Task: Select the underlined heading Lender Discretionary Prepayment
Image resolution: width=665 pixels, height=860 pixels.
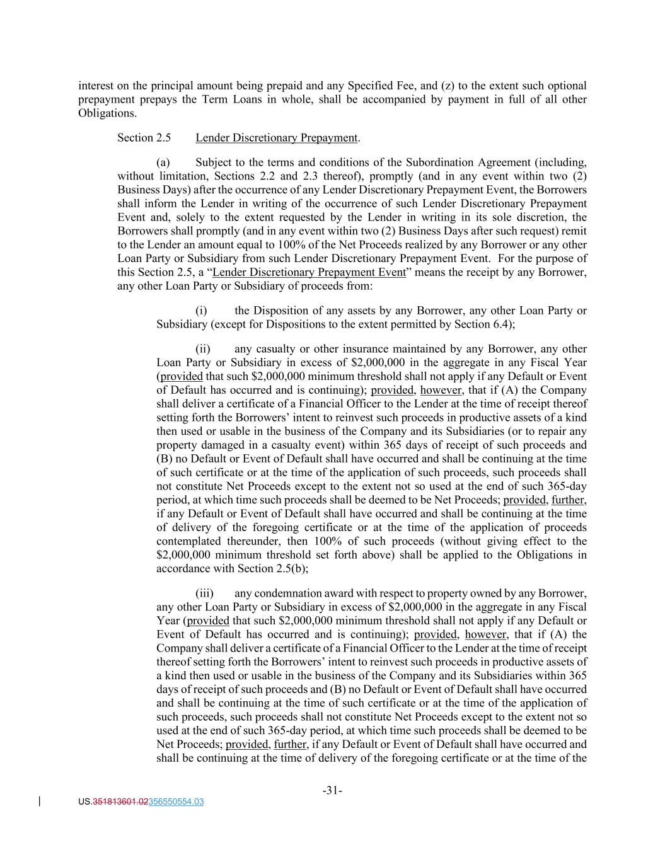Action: click(276, 137)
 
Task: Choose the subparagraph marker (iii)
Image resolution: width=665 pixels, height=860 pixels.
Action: click(204, 593)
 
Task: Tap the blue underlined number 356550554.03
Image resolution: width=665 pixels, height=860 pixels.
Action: click(176, 802)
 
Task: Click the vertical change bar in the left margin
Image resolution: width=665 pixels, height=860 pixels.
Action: click(40, 802)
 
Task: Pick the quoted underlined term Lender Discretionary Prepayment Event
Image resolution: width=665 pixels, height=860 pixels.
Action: click(309, 272)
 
